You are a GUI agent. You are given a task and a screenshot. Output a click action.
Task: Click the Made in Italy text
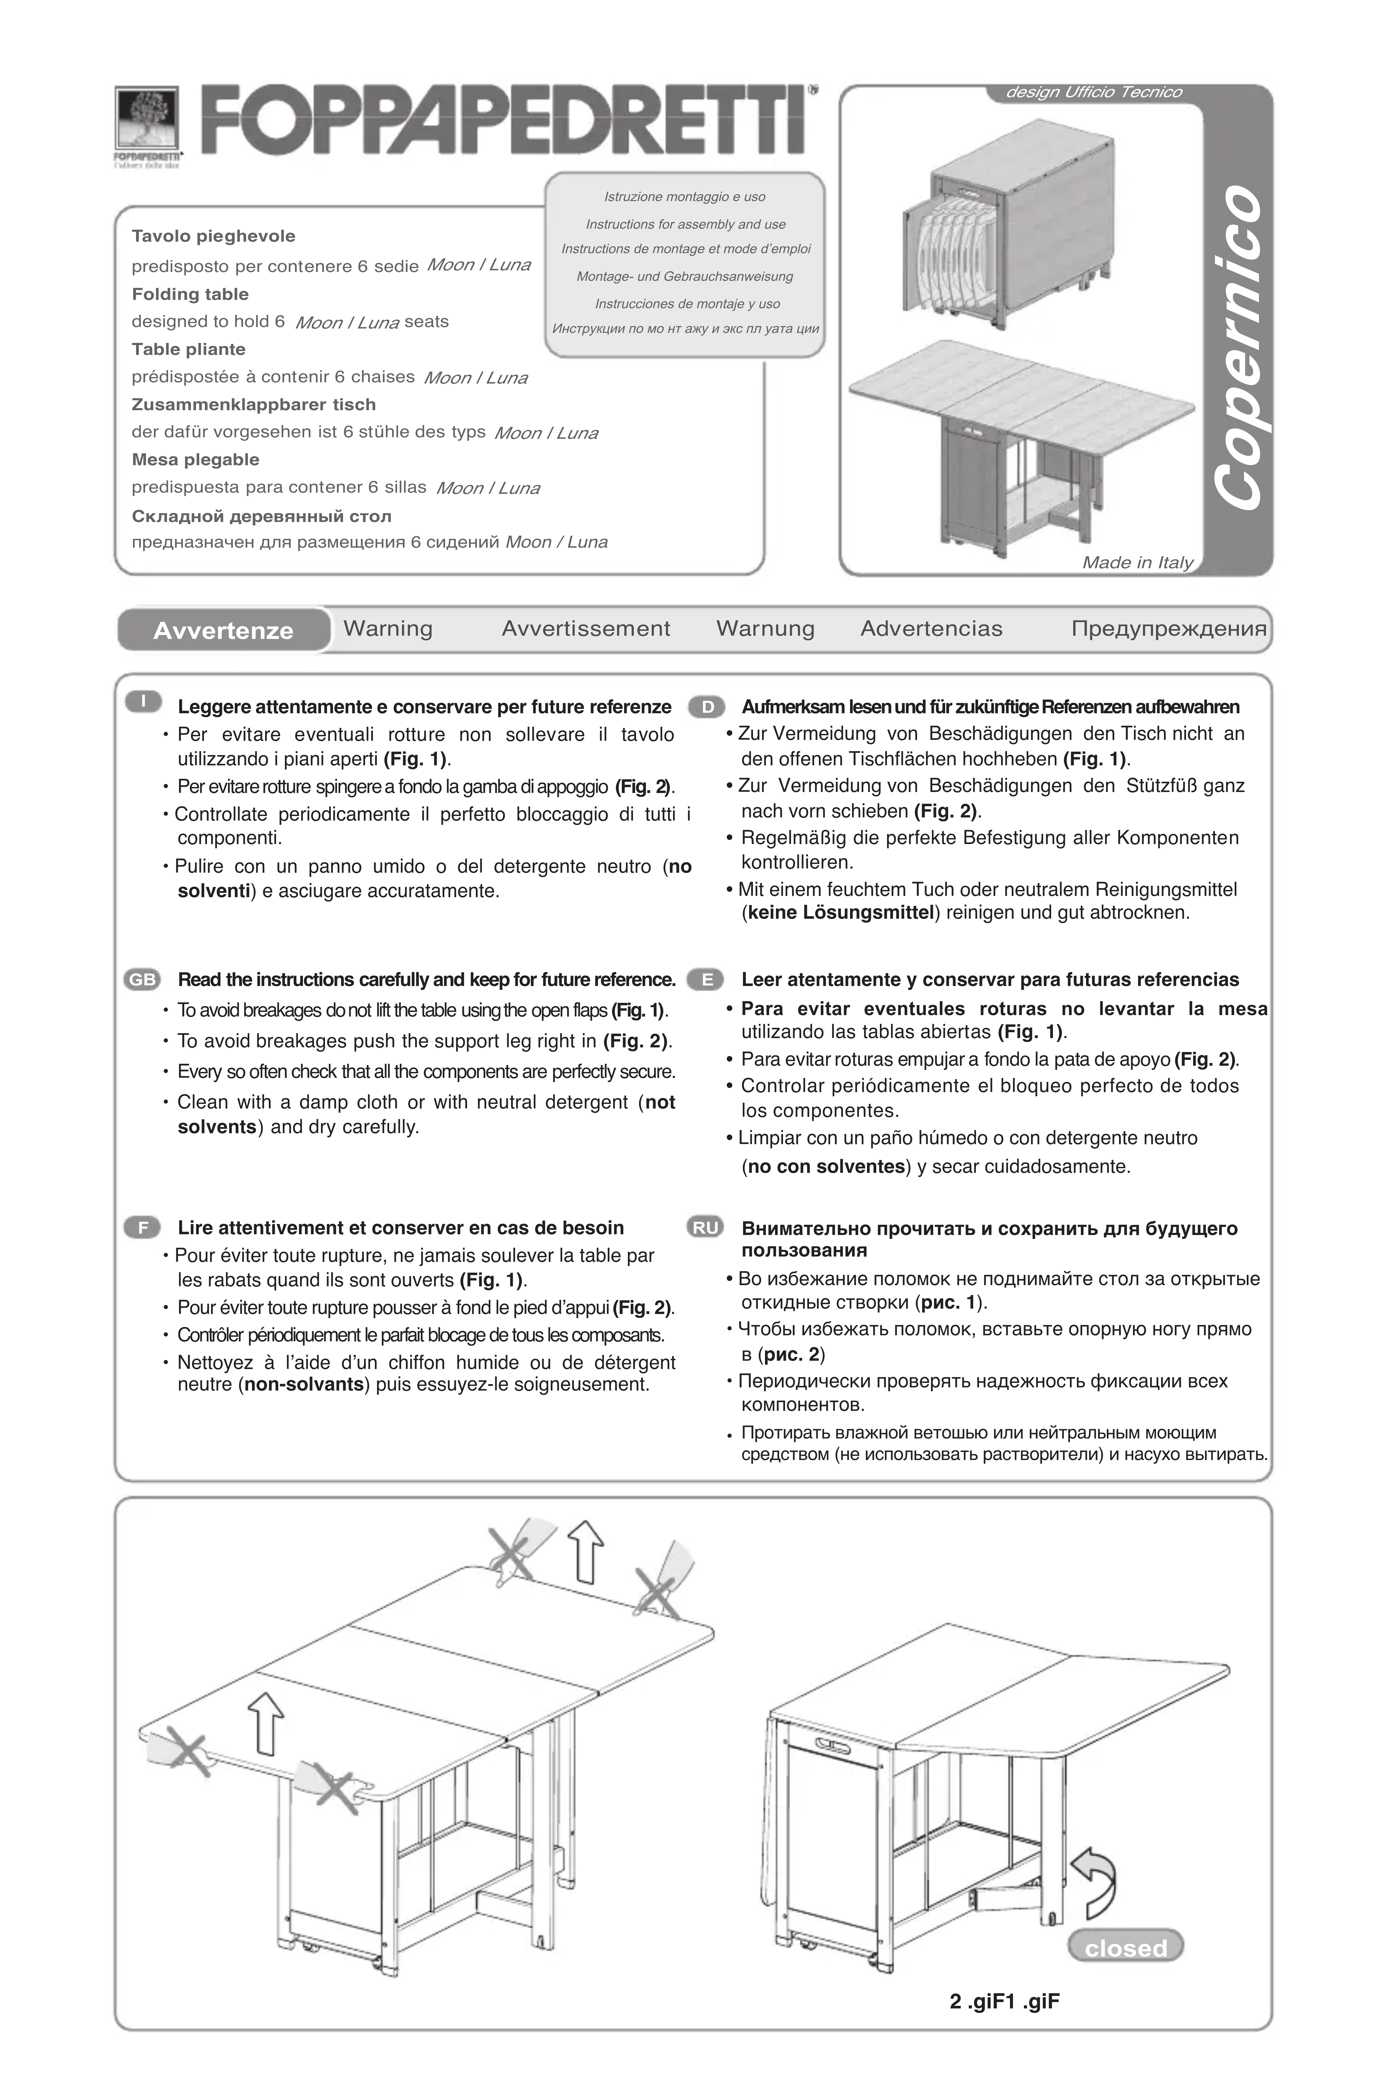tap(1137, 563)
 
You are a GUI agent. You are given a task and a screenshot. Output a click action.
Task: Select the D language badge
tap(707, 707)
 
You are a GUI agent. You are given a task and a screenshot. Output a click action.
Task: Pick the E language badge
tap(707, 979)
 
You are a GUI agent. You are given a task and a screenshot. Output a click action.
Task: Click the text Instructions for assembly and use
tap(685, 225)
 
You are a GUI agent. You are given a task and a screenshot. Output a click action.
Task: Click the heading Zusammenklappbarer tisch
tap(254, 405)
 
